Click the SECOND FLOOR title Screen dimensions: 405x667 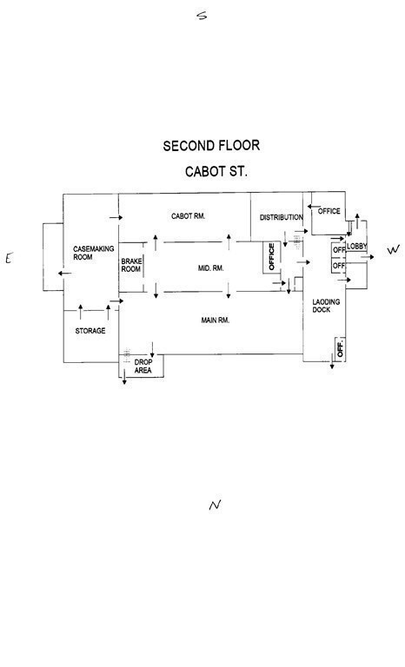211,146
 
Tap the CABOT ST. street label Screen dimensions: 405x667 216,171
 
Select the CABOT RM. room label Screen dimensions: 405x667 189,216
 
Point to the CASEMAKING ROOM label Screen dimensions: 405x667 94,253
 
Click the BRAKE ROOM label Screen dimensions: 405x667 131,265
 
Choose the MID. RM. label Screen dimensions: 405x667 211,268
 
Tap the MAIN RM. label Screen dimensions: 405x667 215,320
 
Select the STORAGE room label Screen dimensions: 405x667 90,331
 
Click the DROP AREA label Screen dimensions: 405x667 143,367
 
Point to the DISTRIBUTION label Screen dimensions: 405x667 282,217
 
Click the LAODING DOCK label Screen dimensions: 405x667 326,306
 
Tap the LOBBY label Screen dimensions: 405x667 357,247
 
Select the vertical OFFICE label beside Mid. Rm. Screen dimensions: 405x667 272,256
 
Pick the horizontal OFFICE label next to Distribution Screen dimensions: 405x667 329,211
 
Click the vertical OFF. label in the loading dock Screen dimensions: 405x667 340,349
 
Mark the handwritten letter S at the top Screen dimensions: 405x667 202,16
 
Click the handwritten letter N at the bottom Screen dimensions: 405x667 215,505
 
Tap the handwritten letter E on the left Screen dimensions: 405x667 10,258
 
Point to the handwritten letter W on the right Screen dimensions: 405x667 394,250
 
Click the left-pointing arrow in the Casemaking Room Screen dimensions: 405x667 64,273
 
